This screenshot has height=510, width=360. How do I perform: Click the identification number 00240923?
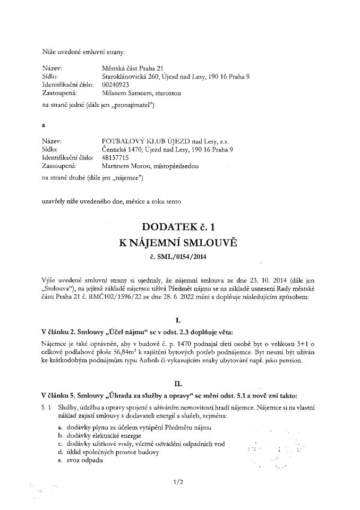click(x=115, y=84)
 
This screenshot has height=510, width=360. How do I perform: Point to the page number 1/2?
click(x=177, y=482)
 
